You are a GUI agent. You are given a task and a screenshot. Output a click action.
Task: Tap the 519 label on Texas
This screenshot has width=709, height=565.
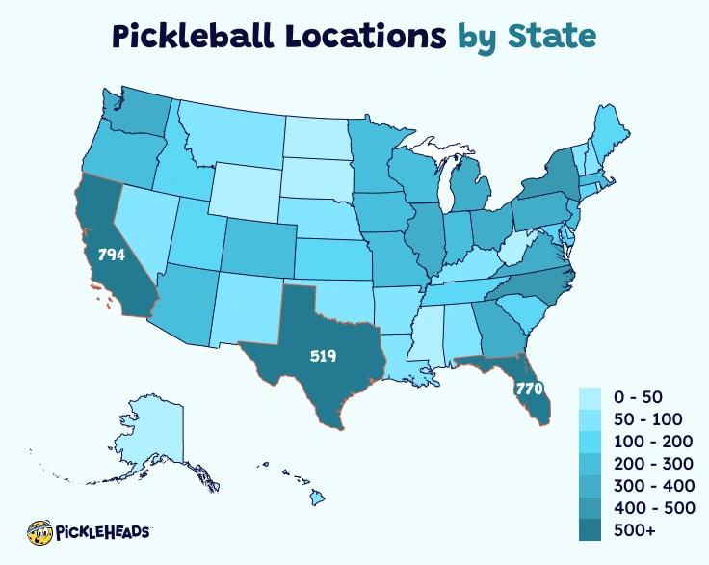pos(323,356)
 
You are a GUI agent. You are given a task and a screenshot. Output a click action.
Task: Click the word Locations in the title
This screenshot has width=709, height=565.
pos(352,36)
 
